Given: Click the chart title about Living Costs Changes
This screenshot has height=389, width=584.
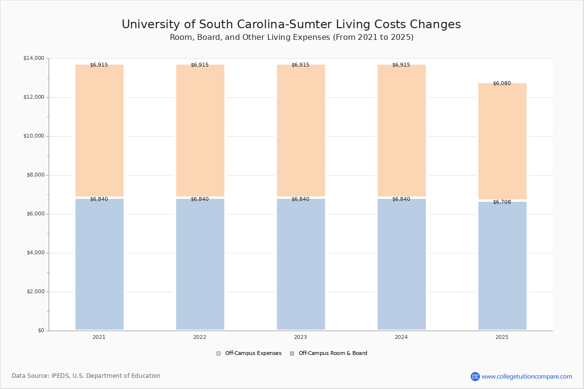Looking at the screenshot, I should [291, 25].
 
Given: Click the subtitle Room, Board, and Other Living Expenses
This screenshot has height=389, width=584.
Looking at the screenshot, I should [292, 37].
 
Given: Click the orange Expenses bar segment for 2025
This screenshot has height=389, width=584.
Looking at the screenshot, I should [502, 141].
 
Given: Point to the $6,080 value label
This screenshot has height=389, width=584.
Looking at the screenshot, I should [502, 84].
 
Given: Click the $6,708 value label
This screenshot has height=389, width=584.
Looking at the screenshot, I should [502, 202].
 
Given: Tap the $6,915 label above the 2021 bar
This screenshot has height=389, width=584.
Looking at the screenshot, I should [99, 65].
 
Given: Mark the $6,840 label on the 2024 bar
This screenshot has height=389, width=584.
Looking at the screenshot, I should [401, 199].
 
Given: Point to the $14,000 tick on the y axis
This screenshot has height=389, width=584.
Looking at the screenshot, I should [34, 58].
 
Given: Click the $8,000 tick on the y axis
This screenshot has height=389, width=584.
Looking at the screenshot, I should [35, 175].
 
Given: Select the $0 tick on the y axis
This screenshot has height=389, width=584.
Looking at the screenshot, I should [41, 331].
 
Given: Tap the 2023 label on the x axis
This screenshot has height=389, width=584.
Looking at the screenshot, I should [300, 337].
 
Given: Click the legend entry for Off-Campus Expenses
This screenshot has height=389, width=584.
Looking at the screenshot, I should [249, 354].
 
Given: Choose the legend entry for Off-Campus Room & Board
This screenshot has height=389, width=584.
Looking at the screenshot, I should [328, 354].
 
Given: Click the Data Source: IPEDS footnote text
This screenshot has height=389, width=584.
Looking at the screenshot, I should [86, 376].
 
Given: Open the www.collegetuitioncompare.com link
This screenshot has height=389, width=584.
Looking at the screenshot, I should [527, 376].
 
